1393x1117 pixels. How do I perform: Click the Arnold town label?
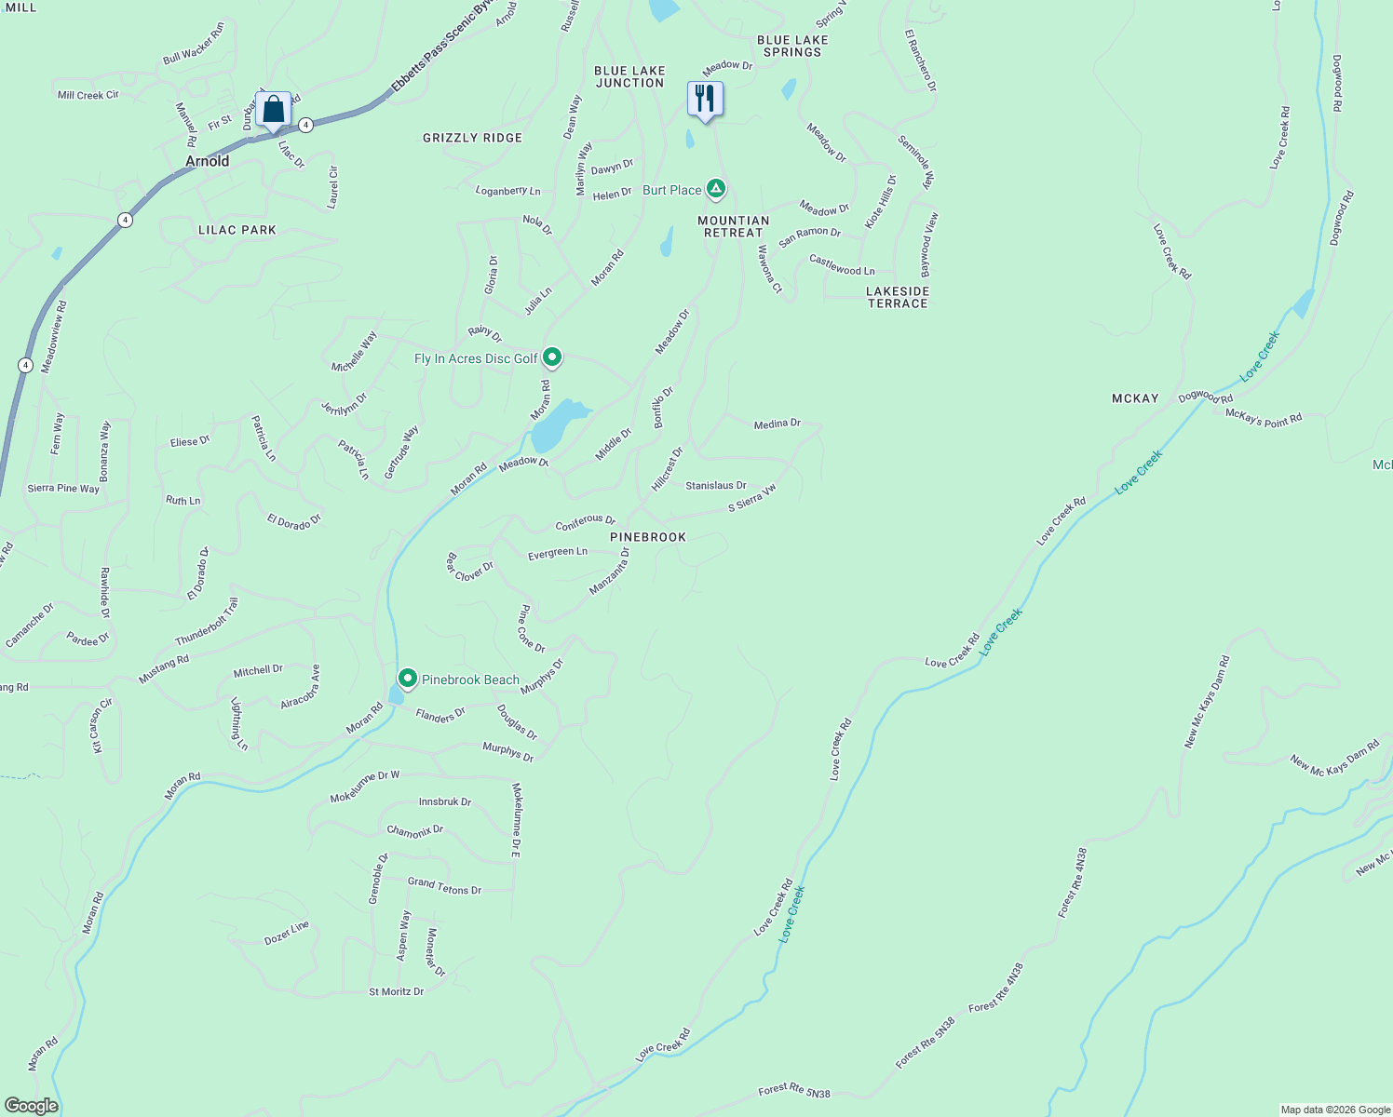[x=207, y=161]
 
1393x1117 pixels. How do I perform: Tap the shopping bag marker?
[x=273, y=110]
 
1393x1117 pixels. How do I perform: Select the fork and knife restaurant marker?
[x=705, y=99]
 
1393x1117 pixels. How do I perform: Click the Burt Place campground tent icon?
[x=715, y=190]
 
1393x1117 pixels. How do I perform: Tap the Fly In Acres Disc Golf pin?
[x=552, y=357]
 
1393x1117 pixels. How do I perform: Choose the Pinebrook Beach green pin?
[x=407, y=679]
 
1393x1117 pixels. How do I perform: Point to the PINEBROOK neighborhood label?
[x=648, y=537]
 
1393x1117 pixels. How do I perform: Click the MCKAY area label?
[x=1135, y=398]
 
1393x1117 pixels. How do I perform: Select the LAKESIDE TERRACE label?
[x=898, y=297]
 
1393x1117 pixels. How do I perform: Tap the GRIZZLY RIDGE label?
[x=472, y=138]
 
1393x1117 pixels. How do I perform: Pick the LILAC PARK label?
[x=237, y=230]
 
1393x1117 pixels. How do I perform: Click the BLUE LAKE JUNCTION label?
[x=629, y=76]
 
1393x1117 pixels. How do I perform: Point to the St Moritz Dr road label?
[x=396, y=991]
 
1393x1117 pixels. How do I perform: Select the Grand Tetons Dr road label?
[x=444, y=886]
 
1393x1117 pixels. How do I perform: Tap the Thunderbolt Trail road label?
[x=207, y=622]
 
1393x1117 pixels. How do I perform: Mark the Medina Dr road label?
[x=777, y=424]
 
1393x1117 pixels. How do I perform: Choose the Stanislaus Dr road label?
[x=715, y=485]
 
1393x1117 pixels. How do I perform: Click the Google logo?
[x=31, y=1106]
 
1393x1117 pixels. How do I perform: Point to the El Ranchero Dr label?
[x=920, y=61]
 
